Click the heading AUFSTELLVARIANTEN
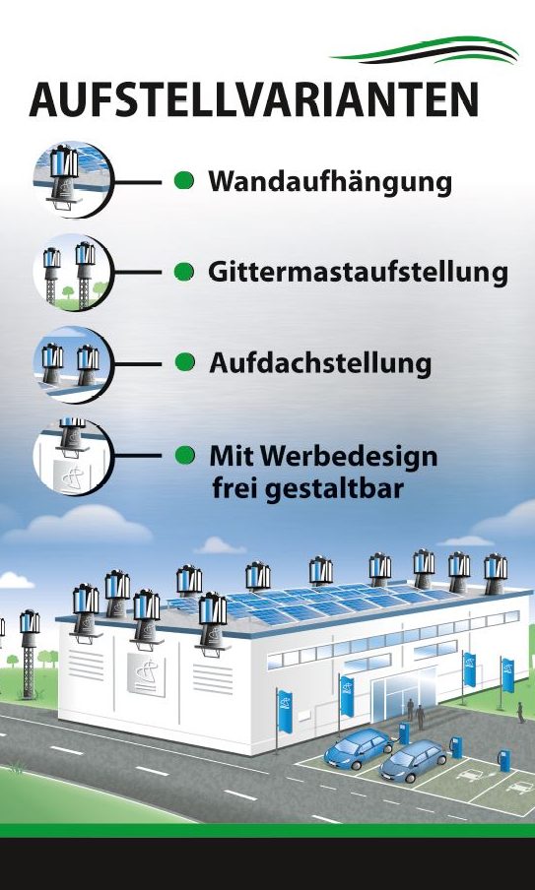253,99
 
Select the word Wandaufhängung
330,183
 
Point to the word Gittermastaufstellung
358,273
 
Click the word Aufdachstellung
320,363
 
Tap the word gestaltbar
335,489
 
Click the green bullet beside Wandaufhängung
184,180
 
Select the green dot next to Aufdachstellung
184,362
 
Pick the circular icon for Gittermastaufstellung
73,273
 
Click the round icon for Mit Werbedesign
73,457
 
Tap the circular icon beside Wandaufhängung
73,180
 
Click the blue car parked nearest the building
358,747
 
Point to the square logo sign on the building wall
146,674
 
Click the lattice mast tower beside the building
29,654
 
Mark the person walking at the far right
520,713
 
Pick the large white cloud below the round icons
80,526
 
